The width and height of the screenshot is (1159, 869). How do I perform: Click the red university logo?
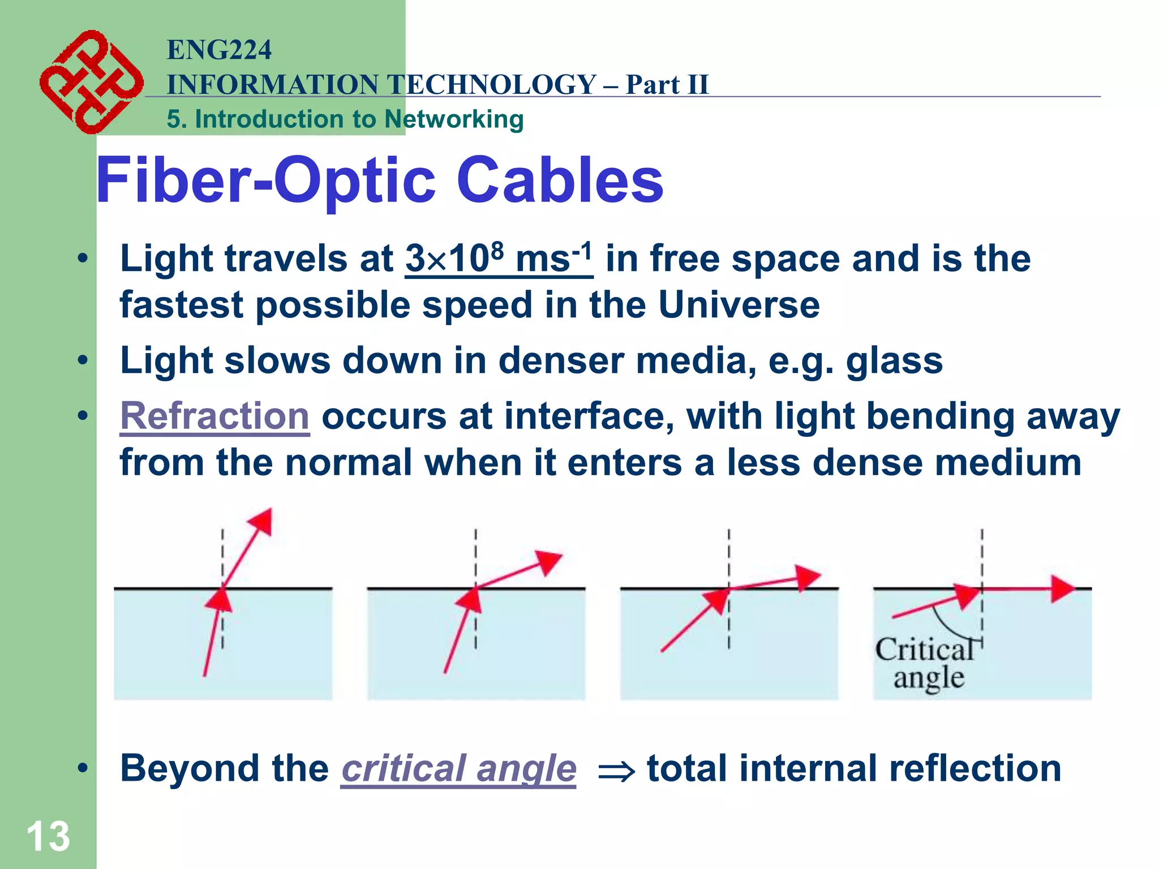[x=91, y=82]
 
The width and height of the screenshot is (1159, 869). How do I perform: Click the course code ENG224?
[x=219, y=50]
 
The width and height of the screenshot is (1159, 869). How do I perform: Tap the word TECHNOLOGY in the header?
[x=493, y=84]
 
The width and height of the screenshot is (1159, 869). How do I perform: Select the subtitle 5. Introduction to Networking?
[x=345, y=119]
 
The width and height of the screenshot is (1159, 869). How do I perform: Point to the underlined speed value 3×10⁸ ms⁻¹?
[x=499, y=260]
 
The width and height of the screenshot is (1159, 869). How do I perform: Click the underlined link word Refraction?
[x=214, y=416]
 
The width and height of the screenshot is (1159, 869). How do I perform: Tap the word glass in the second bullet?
[x=894, y=361]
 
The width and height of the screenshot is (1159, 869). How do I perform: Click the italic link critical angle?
[x=458, y=769]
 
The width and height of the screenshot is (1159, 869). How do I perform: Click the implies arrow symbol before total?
[x=616, y=771]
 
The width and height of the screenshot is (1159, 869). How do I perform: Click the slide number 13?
[x=48, y=836]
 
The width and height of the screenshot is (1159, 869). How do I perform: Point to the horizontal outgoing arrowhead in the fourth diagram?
[x=1062, y=589]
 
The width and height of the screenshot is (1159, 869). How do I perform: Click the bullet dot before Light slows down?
[x=83, y=360]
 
